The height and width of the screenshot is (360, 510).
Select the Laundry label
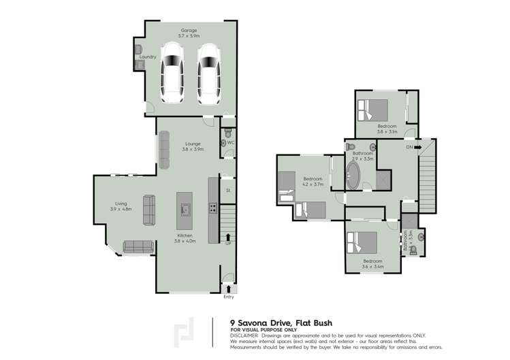(148, 57)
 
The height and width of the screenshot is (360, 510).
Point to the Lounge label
(193, 144)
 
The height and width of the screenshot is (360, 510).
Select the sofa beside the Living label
(149, 209)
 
